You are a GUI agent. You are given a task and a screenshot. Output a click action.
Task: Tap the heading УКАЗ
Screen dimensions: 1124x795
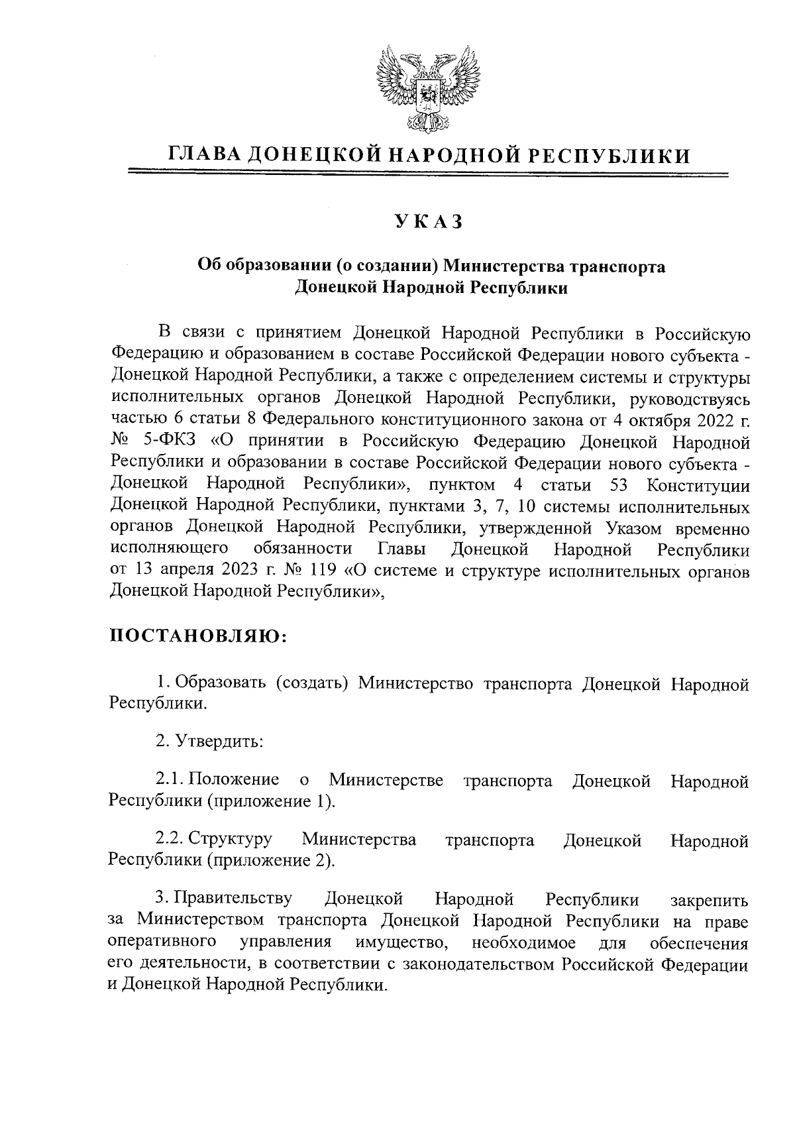point(429,222)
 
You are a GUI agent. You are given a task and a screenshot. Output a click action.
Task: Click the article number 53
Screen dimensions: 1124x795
point(617,485)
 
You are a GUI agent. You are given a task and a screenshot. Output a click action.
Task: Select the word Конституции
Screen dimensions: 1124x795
point(698,485)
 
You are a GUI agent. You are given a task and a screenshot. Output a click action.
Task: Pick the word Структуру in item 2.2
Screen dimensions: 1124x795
point(230,840)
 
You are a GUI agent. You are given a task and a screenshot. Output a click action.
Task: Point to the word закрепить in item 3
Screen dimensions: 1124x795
point(710,900)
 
